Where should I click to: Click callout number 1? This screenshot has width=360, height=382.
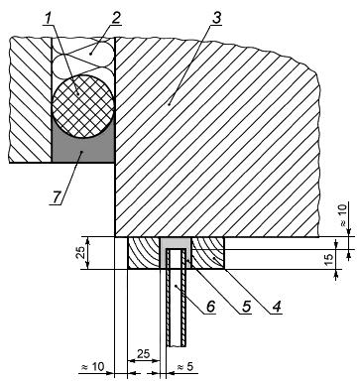49,19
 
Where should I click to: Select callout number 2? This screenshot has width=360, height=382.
115,19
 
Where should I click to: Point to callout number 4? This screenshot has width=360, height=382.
277,307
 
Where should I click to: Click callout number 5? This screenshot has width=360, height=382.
246,307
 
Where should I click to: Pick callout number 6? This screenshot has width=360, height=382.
210,307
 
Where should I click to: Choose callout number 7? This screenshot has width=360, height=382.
56,197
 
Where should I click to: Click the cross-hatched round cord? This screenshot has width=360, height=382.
83,106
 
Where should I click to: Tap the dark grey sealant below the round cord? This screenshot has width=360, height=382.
83,151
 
